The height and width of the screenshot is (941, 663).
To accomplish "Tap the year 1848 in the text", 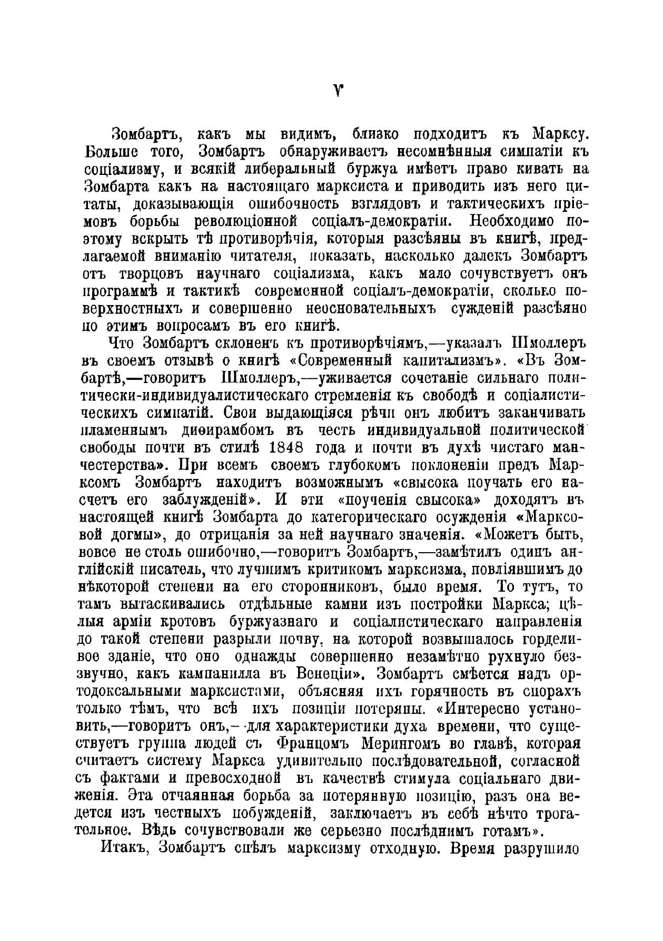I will [288, 447].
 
